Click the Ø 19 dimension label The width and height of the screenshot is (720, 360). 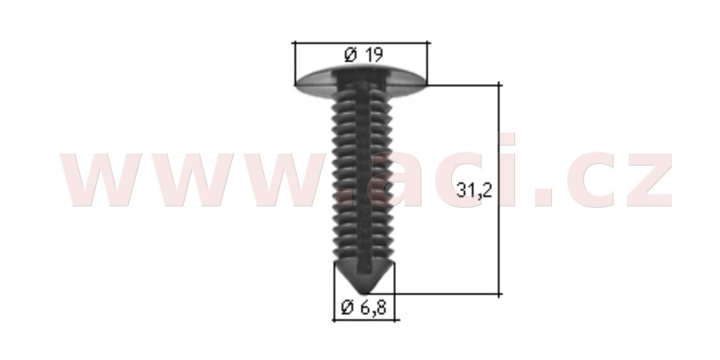point(363,55)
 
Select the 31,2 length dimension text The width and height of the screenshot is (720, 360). point(474,190)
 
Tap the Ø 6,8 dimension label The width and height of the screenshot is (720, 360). point(364,308)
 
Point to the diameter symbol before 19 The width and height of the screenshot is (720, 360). point(350,55)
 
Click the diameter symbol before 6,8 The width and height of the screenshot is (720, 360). point(348,308)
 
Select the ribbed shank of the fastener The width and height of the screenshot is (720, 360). point(362,179)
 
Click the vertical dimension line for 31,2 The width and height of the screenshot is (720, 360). point(499,189)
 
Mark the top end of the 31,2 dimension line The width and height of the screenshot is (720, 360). point(499,85)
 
